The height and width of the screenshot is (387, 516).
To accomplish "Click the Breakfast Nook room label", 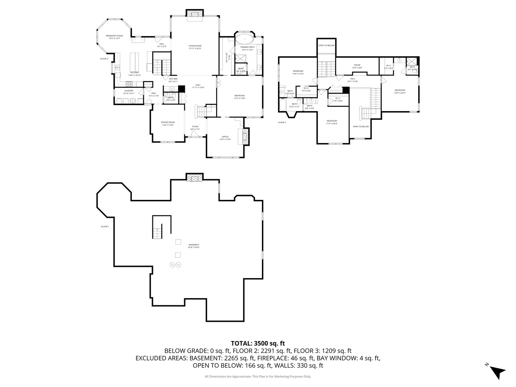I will (x=114, y=37).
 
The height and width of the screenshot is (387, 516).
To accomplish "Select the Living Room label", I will (x=195, y=47).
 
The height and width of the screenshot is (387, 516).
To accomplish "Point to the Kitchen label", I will (x=134, y=73).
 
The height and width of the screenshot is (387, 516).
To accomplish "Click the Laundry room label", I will (x=129, y=92).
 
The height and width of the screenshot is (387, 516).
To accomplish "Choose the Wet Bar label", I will (x=173, y=80).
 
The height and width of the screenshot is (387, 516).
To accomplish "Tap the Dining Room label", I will (x=168, y=124).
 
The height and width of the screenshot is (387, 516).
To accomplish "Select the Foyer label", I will (x=195, y=128).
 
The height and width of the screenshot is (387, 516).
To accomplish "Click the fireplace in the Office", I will (x=245, y=137).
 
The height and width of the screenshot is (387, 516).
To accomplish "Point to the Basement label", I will (x=194, y=246).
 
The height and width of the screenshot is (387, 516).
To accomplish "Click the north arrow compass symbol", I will (x=497, y=371).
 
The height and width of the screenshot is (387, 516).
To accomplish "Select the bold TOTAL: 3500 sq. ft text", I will (x=258, y=343).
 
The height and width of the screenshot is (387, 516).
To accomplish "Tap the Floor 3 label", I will (x=282, y=123).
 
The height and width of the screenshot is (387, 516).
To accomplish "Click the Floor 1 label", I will (x=105, y=226).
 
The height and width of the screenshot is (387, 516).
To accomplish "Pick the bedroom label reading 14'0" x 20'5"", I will (x=400, y=91).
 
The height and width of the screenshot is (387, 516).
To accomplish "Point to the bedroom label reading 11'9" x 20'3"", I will (x=332, y=122).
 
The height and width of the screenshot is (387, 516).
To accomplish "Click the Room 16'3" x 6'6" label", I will (x=357, y=66).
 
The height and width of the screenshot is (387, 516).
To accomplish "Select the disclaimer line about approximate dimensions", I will (x=258, y=377).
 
